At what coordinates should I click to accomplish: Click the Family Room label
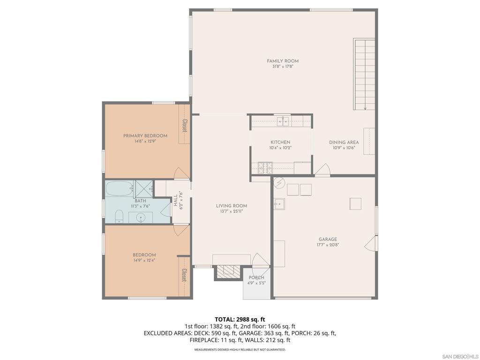[283, 61]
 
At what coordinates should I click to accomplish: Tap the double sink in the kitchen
[283, 122]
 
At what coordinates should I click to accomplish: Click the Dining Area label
[344, 142]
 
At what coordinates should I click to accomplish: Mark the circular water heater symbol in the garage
[278, 183]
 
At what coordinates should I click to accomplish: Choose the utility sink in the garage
[279, 204]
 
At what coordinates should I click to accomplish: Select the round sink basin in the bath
[141, 218]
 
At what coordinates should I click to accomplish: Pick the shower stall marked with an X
[144, 189]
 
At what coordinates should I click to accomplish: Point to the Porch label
[256, 277]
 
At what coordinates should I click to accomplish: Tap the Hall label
[175, 201]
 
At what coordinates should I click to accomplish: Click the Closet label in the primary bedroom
[185, 125]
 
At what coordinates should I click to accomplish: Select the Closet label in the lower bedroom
[185, 275]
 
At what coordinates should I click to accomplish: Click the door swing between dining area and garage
[322, 170]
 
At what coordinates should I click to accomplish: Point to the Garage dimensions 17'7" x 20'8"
[328, 245]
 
